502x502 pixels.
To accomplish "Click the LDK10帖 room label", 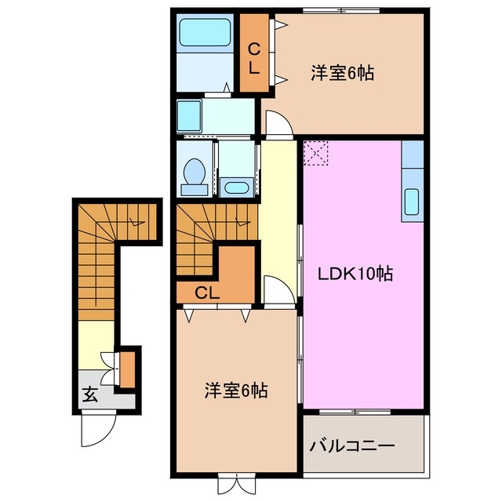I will [355, 275].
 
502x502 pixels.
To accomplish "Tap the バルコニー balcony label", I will [351, 446].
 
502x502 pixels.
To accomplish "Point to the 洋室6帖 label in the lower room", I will [236, 390].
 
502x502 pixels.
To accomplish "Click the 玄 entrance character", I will [90, 395].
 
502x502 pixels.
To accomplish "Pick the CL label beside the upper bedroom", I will [253, 59].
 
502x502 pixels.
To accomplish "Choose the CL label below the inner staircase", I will [206, 293].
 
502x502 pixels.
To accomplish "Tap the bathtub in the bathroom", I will [203, 33].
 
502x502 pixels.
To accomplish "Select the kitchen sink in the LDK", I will [412, 202].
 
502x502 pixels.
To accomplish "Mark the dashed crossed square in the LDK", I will [317, 152].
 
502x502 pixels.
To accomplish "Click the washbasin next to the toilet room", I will [235, 186].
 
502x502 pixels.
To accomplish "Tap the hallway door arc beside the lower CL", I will [277, 290].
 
